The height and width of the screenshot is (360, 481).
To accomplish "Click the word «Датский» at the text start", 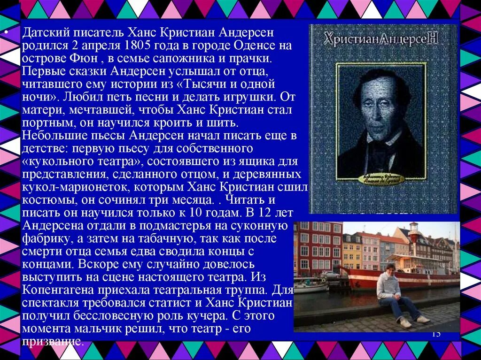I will tap(45, 33).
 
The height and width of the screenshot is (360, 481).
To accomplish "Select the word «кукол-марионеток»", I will tap(74, 187).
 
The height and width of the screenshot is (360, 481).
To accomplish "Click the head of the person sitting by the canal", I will tap(389, 269).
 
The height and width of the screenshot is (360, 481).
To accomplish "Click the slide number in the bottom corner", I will tap(436, 334).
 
